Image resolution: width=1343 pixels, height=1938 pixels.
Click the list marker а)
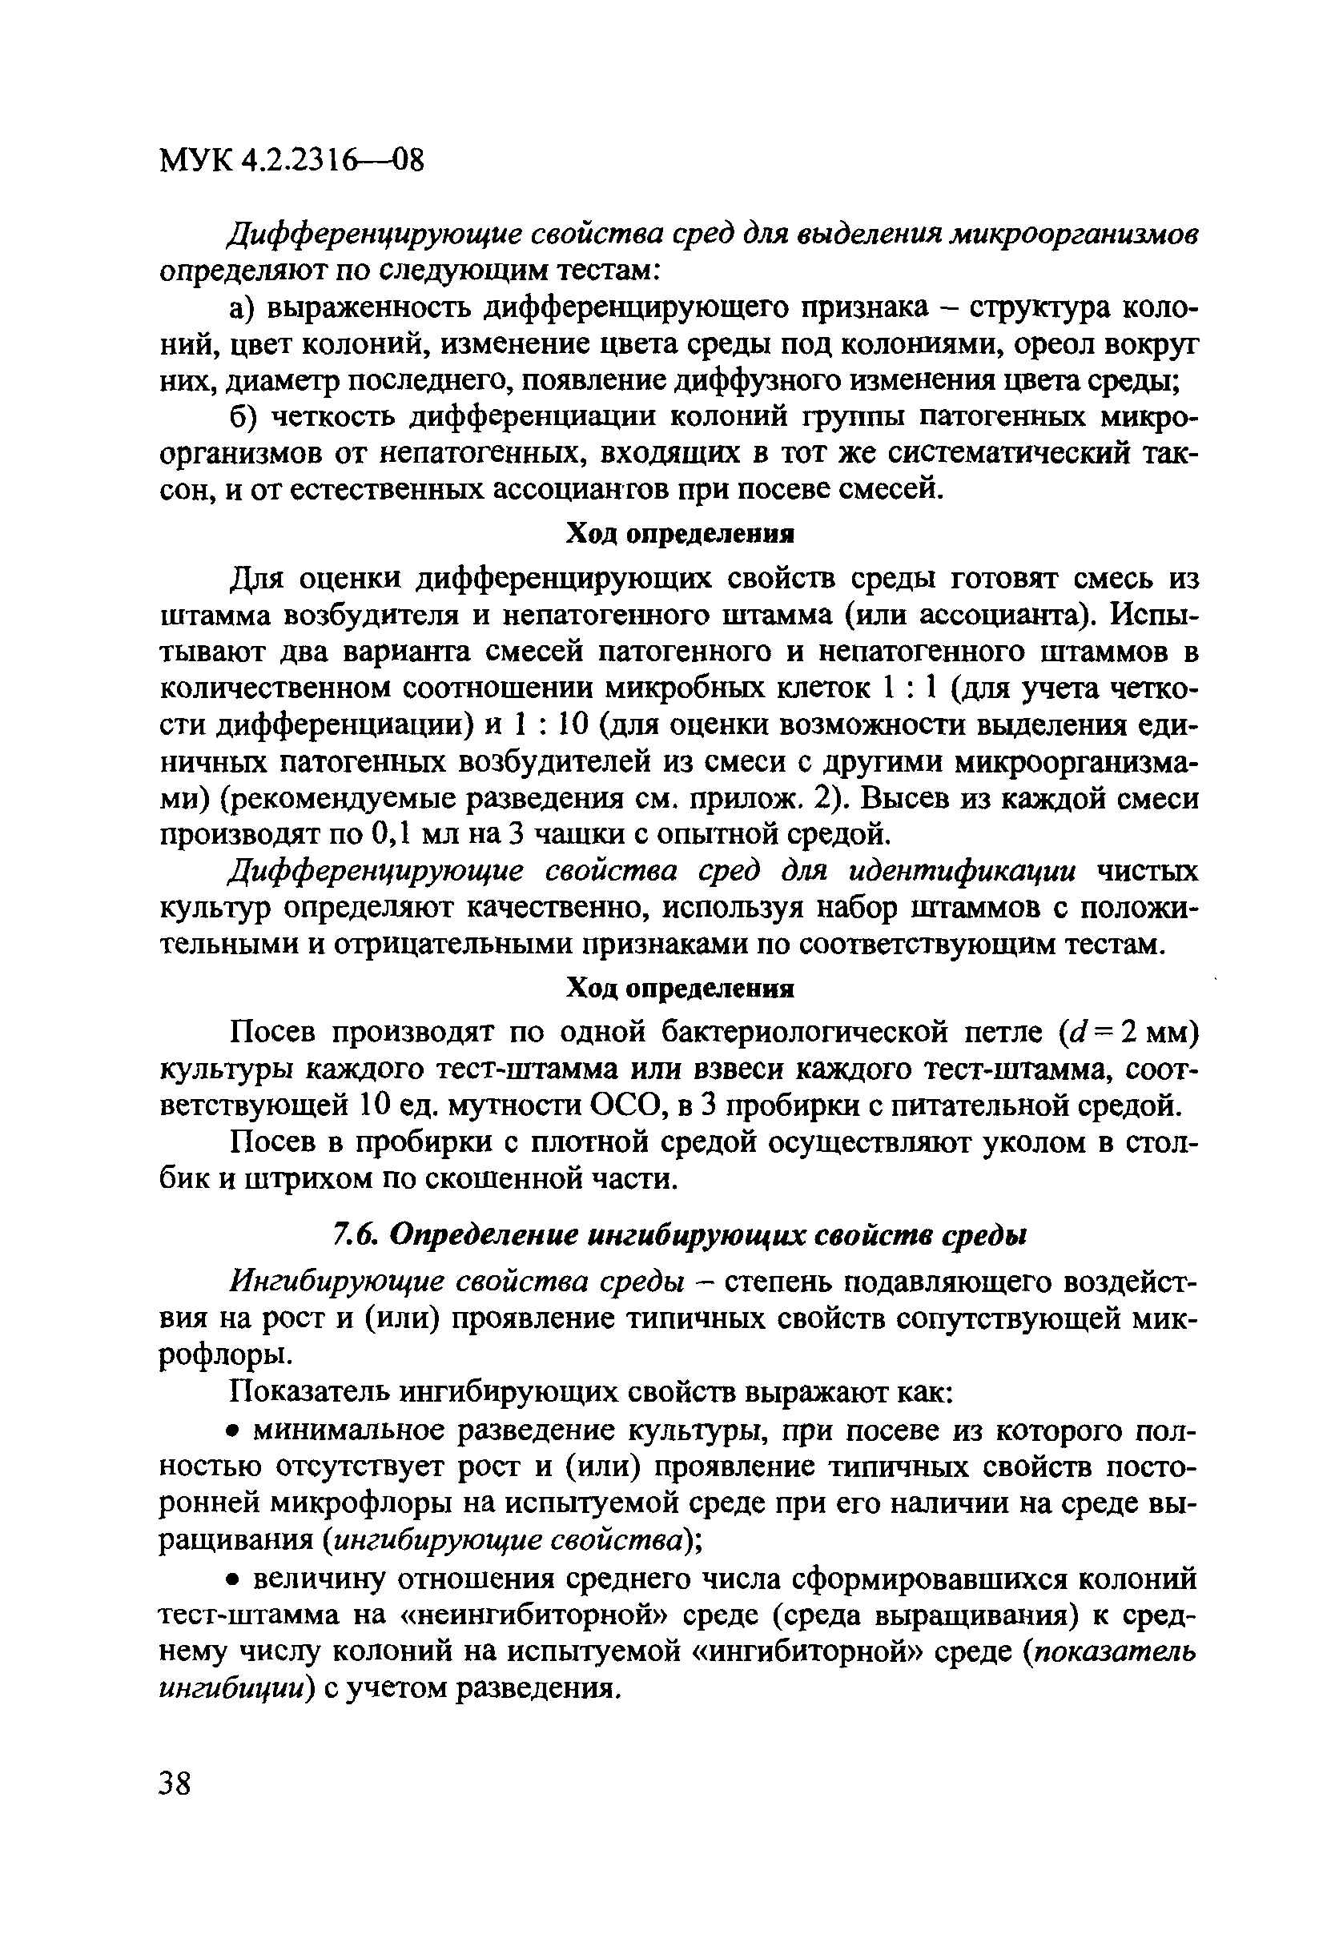click(245, 309)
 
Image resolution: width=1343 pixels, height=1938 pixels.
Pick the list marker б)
click(245, 418)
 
